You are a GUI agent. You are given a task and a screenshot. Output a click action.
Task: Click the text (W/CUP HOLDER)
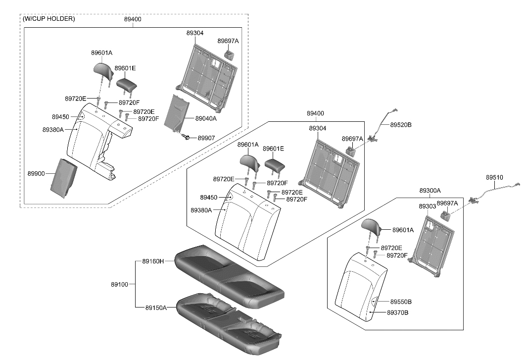[49, 19]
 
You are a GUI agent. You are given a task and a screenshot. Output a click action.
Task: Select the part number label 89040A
[206, 119]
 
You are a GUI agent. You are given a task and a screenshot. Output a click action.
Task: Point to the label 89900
[36, 174]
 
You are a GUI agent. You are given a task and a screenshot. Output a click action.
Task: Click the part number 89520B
[401, 125]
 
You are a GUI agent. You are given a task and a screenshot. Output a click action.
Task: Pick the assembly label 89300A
[430, 191]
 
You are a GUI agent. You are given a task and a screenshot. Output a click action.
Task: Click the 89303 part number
[427, 206]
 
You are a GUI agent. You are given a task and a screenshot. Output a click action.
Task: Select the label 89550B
[401, 302]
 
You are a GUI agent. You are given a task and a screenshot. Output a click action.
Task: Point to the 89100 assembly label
[119, 285]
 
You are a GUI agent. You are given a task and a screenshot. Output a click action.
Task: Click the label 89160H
[153, 261]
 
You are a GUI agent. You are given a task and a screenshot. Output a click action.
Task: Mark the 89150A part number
[156, 308]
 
